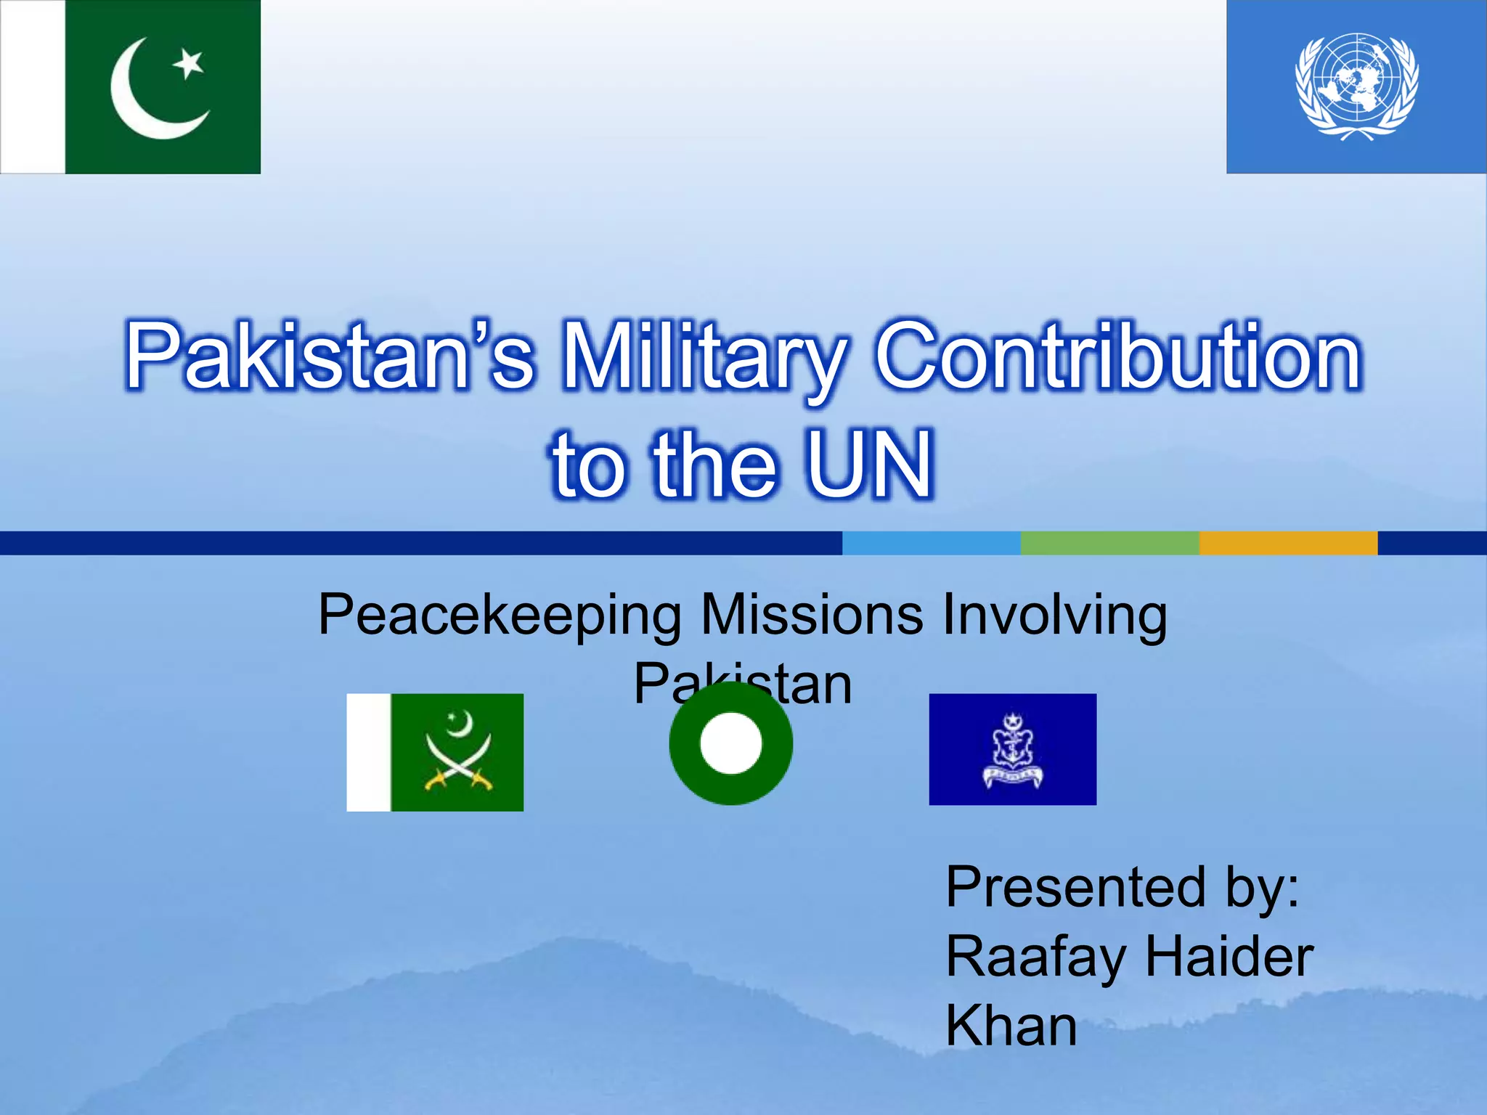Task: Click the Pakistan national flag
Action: (131, 86)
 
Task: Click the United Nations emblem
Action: (1356, 86)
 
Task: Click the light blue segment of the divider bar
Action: (931, 543)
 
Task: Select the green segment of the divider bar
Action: (1109, 543)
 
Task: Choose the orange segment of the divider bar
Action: (1288, 543)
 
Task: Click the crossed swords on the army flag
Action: (459, 764)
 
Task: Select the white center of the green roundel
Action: (731, 743)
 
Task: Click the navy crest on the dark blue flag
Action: (1013, 750)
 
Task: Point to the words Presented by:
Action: (1123, 889)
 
